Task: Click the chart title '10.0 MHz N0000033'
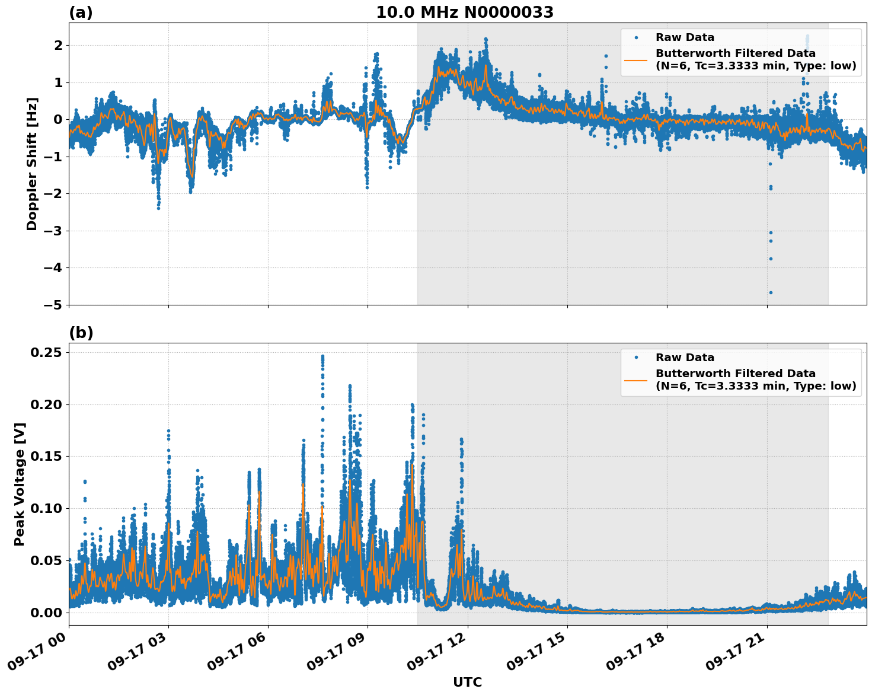[465, 12]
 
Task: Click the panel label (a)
[81, 12]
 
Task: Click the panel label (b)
[81, 333]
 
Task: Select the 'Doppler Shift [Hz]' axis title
[32, 164]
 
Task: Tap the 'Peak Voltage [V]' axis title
[20, 484]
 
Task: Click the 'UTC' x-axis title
[467, 682]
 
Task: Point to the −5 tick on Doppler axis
[53, 305]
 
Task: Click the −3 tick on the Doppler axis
[53, 231]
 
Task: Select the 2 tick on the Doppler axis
[58, 45]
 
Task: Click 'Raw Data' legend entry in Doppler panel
[685, 37]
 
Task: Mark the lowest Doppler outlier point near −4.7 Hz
[771, 292]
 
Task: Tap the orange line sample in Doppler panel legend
[636, 59]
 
